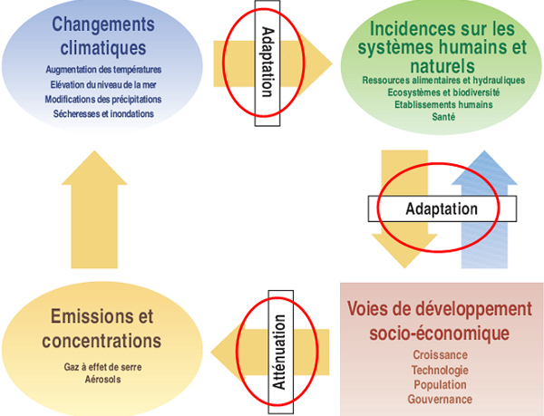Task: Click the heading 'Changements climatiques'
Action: (x=103, y=35)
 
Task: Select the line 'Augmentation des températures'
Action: (x=103, y=70)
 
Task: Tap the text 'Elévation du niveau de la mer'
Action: (x=103, y=84)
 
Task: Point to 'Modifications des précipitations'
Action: (x=103, y=100)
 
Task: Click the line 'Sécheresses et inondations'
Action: (x=103, y=113)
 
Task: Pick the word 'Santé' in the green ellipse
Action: (x=443, y=117)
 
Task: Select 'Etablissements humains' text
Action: (x=443, y=105)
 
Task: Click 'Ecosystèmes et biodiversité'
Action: (x=443, y=92)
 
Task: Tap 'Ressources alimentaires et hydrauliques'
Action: (x=443, y=81)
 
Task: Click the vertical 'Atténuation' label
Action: (x=281, y=352)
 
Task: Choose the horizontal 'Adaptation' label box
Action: (x=442, y=208)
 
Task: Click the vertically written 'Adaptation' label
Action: (x=267, y=63)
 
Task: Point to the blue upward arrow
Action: (x=484, y=209)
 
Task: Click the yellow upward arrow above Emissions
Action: (x=94, y=209)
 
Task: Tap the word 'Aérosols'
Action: (x=103, y=379)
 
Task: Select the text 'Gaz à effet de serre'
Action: (x=103, y=367)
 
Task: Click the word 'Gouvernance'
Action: (x=440, y=400)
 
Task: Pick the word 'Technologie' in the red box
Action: (x=440, y=371)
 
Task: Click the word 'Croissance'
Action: (x=440, y=355)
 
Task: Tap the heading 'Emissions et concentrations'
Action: (x=102, y=329)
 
